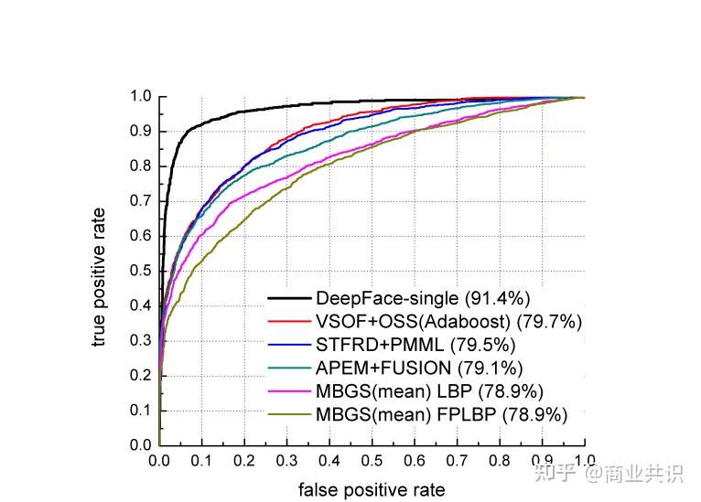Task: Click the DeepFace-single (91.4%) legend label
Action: pyautogui.click(x=423, y=298)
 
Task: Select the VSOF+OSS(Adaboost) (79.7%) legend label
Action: pyautogui.click(x=448, y=321)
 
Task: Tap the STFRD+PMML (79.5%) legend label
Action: pyautogui.click(x=415, y=345)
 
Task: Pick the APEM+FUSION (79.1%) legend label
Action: pyautogui.click(x=419, y=368)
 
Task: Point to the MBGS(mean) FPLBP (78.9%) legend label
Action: pyautogui.click(x=441, y=414)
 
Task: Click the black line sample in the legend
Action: pyautogui.click(x=289, y=298)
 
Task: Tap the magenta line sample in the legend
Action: pyautogui.click(x=289, y=391)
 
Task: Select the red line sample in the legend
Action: pyautogui.click(x=289, y=322)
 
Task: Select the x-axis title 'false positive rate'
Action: pyautogui.click(x=372, y=489)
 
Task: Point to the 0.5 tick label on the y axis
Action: pyautogui.click(x=140, y=271)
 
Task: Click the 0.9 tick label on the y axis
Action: pyautogui.click(x=140, y=132)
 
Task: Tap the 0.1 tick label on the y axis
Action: pyautogui.click(x=140, y=411)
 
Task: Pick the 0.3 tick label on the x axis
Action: pyautogui.click(x=286, y=460)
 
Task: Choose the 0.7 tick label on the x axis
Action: pyautogui.click(x=457, y=460)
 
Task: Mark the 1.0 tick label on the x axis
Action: pyautogui.click(x=584, y=460)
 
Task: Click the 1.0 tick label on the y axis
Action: pyautogui.click(x=140, y=96)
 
